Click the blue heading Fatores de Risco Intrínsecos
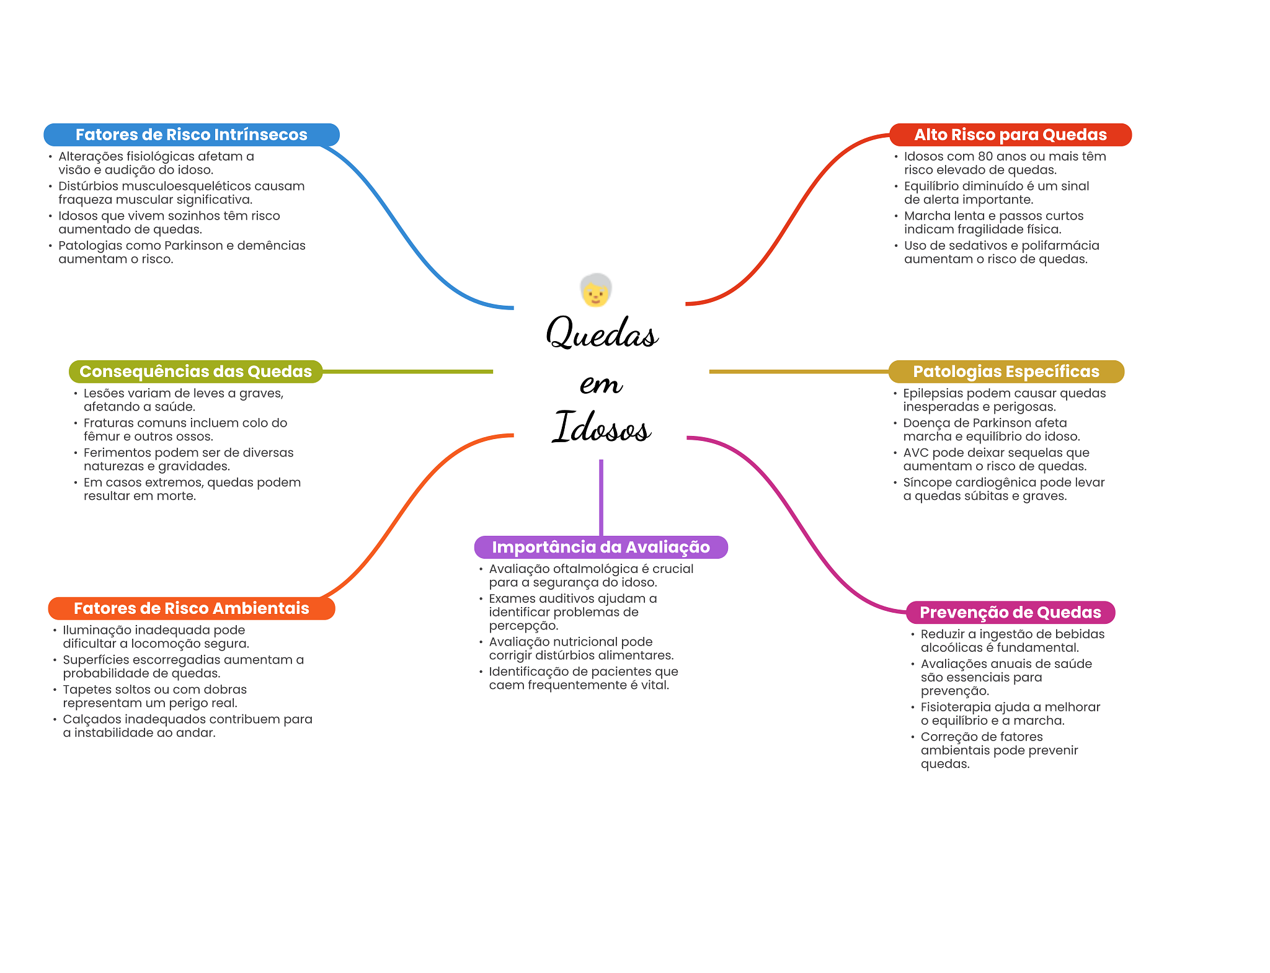pos(191,135)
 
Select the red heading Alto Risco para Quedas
pos(1010,135)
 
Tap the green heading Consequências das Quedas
pos(195,371)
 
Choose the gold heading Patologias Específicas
pos(1006,371)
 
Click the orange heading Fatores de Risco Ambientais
pos(191,608)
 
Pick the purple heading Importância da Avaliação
pos(600,547)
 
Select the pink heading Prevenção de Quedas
pos(1010,613)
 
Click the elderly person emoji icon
pos(596,290)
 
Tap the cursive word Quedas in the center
pos(602,333)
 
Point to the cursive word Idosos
pos(602,427)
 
